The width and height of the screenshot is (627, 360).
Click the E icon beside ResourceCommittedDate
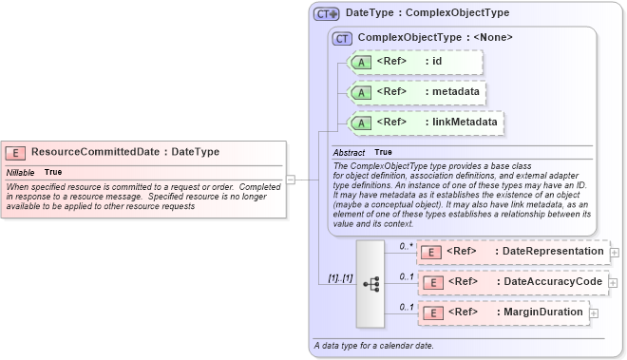point(16,151)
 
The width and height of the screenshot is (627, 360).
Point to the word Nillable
point(22,172)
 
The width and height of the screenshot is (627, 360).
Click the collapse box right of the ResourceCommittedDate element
point(291,178)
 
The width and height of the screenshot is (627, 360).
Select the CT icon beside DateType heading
point(327,14)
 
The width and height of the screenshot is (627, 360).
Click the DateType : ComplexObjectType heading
point(427,13)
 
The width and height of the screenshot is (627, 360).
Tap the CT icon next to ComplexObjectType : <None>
point(342,38)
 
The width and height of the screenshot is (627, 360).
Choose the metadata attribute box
point(418,92)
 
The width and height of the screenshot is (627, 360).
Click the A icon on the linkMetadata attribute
point(361,123)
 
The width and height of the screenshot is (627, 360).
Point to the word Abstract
point(349,152)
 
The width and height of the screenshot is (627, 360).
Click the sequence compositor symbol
point(370,282)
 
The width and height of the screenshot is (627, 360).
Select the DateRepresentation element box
point(512,252)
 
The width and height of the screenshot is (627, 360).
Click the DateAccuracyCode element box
point(512,282)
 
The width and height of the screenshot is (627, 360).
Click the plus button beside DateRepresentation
point(614,253)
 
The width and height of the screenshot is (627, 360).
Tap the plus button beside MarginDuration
point(594,313)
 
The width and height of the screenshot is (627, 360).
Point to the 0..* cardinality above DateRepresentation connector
point(406,245)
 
